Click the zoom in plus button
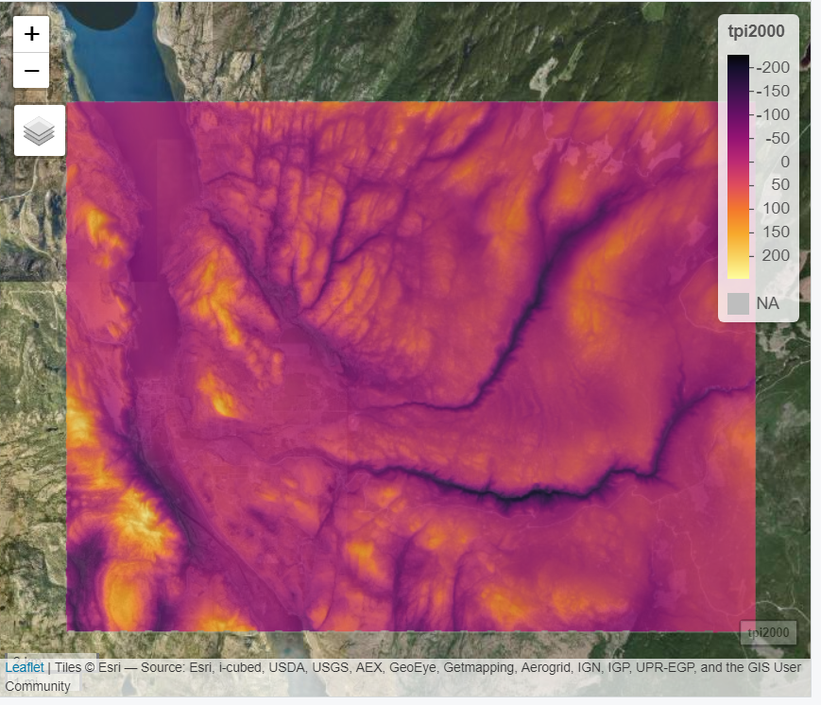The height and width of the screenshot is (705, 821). coord(31,34)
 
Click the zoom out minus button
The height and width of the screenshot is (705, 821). coord(31,70)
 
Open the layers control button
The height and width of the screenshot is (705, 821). coord(39,130)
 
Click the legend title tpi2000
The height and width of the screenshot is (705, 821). coord(756,31)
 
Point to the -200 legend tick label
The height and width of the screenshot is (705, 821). coord(775,68)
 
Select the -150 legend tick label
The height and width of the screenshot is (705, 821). coord(775,92)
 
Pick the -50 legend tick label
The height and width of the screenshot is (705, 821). coord(778,138)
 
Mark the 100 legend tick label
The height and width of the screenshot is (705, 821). coord(776,208)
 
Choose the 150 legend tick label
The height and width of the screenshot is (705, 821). coord(776,232)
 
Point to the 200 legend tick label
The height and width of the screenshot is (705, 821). coord(776,255)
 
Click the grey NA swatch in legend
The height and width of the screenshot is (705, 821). coord(739,303)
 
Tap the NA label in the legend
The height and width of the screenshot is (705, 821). coord(768,303)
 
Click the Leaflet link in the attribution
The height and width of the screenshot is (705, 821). coord(24,668)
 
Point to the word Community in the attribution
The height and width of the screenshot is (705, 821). coord(38,686)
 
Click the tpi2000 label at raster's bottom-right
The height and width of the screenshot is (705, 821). coord(768,632)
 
